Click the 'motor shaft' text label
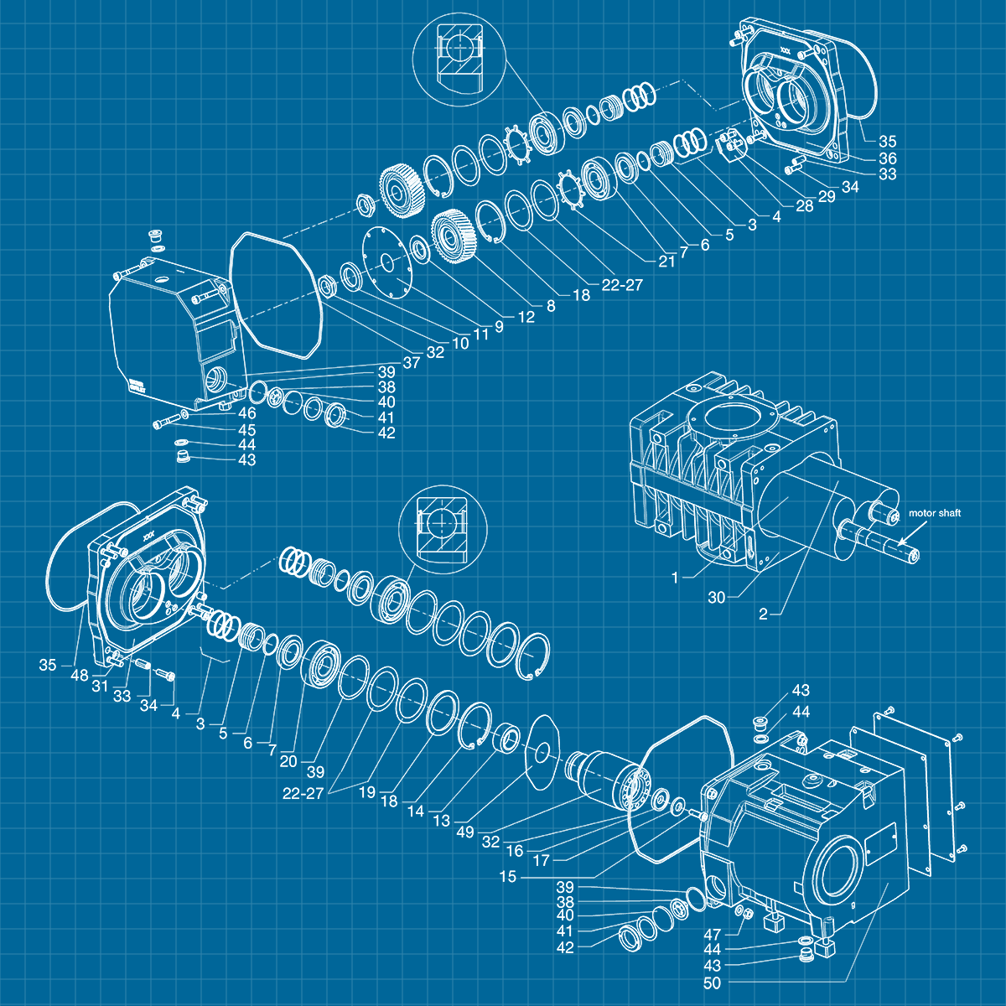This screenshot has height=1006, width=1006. tap(935, 513)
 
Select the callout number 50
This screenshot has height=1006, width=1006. tap(712, 983)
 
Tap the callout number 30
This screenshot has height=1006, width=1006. tap(716, 598)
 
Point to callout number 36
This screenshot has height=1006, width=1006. tap(888, 158)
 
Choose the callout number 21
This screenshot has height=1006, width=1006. tap(666, 262)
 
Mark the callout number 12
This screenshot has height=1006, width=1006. tap(526, 318)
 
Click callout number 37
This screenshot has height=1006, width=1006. tap(411, 362)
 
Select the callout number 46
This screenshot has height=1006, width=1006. tap(246, 413)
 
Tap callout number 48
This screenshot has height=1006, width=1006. tap(80, 676)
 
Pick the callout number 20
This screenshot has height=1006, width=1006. tap(288, 761)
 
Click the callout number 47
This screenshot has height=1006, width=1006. tap(712, 935)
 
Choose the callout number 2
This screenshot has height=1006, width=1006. tap(763, 614)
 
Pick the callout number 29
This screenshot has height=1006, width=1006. tap(827, 196)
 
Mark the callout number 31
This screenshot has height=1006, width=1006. tap(100, 686)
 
